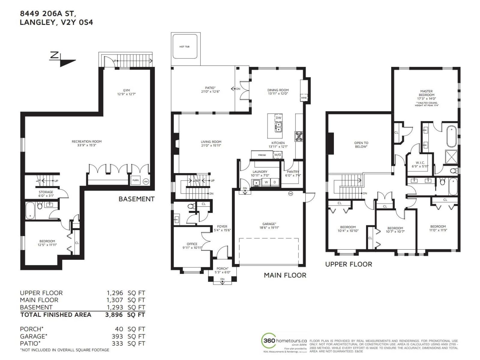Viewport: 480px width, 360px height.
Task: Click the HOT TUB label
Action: click(x=184, y=47)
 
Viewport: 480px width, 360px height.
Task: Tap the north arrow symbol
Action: click(x=62, y=59)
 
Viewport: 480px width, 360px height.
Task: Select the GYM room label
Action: click(x=126, y=90)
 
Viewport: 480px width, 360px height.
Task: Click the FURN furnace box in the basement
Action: click(x=136, y=180)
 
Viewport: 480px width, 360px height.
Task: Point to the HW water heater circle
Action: click(x=146, y=181)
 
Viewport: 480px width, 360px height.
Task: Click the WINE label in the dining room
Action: click(x=304, y=98)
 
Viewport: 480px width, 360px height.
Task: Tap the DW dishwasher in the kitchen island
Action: click(x=278, y=118)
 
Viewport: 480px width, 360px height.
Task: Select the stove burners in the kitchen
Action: click(x=299, y=136)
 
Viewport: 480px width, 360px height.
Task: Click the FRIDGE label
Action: click(x=262, y=155)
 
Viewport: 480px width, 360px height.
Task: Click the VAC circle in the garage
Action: click(x=290, y=193)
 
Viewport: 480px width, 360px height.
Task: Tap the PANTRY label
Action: click(x=293, y=172)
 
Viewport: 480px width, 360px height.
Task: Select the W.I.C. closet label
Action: click(x=420, y=163)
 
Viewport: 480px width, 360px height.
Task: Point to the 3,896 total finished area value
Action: click(x=114, y=315)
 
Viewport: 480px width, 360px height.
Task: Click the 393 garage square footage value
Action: click(x=117, y=336)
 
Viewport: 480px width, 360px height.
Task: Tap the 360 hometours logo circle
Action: click(x=269, y=341)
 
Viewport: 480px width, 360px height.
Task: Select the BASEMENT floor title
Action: click(x=136, y=199)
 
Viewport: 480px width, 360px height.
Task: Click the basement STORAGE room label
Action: click(x=46, y=192)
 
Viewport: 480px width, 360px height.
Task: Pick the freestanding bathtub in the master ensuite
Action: click(x=451, y=136)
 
